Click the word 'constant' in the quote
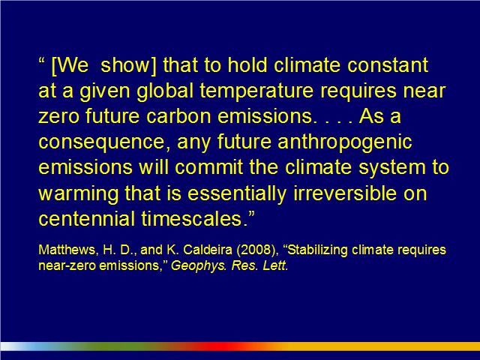[388, 65]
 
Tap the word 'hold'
[247, 64]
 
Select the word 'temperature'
[256, 91]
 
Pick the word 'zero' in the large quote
[58, 117]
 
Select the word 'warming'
[78, 194]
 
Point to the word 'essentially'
[237, 193]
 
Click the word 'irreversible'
[345, 193]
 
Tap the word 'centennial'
[87, 218]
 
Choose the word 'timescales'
[192, 218]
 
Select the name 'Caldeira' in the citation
[208, 250]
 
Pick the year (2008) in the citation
[257, 250]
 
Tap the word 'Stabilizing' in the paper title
[318, 250]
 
